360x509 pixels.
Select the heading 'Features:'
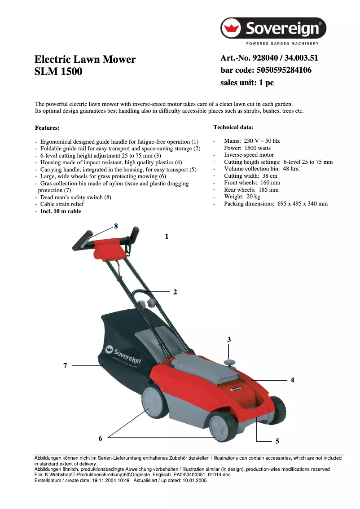(47, 128)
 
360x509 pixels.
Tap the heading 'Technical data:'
(233, 127)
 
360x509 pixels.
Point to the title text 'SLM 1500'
(58, 71)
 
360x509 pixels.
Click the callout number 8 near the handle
(116, 226)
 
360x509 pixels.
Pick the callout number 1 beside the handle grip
(167, 236)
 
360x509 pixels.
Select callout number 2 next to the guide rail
(175, 292)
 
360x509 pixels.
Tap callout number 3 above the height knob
(229, 340)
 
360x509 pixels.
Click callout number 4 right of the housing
(292, 380)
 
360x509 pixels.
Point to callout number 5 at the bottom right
(277, 441)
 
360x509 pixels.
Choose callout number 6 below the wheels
(101, 438)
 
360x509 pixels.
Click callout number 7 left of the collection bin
(65, 366)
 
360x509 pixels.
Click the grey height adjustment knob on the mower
(230, 361)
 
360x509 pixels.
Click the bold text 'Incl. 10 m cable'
(61, 211)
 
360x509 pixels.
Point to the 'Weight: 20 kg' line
(242, 197)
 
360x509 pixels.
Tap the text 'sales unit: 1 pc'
(247, 83)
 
